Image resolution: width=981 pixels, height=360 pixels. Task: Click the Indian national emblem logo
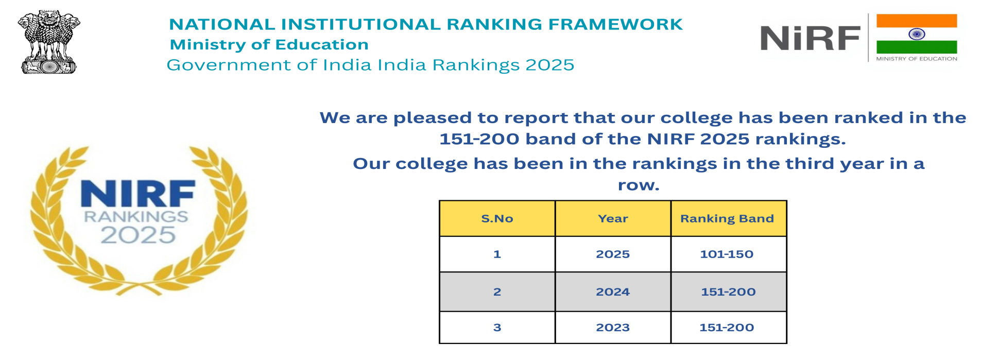coord(49,42)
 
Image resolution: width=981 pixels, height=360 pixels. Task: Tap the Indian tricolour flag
coord(917,34)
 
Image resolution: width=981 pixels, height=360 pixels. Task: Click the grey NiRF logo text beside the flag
coord(810,38)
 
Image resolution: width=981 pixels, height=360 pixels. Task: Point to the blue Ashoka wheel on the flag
coord(917,34)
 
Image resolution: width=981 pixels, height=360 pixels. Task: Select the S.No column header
coord(497,218)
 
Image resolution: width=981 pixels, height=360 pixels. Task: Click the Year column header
coord(613,218)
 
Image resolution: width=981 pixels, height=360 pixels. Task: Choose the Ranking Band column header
coord(728,218)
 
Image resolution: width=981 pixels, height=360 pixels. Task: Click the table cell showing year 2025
coord(613,254)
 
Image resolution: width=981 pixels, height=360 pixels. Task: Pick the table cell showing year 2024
coord(613,292)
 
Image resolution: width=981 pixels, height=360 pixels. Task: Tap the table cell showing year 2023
coord(613,327)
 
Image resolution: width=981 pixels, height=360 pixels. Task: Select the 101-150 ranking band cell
coord(728,254)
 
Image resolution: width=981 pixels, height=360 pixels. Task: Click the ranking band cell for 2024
coord(728,292)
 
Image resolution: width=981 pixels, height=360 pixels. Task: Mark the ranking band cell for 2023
coord(728,327)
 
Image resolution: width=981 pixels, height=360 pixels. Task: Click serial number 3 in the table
coord(497,327)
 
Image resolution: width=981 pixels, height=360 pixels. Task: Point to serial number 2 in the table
coord(497,292)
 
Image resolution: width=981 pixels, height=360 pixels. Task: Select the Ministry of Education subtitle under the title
coord(269,45)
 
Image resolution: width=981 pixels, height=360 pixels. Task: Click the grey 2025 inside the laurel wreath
coord(138,235)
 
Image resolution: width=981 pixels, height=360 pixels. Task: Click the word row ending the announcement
coord(639,185)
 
